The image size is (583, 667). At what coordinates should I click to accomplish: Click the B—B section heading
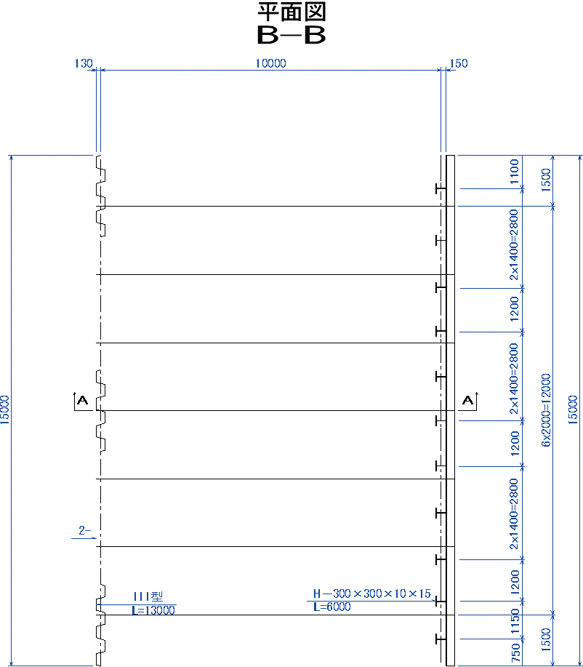pos(291,36)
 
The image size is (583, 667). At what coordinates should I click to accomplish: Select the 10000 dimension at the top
pos(270,63)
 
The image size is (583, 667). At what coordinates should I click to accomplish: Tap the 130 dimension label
pos(84,63)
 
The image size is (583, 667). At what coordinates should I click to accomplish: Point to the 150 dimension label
pos(459,63)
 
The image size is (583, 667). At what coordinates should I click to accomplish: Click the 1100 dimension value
pos(514,172)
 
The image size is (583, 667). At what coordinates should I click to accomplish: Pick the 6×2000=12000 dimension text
pos(546,410)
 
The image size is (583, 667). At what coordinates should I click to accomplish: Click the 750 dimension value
pos(515,653)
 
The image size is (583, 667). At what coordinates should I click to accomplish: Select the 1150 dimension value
pos(515,621)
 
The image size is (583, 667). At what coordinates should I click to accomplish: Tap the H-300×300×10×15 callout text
pos(372,594)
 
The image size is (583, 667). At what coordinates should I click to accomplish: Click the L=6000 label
pos(332,607)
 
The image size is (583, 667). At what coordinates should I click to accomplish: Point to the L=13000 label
pos(153,610)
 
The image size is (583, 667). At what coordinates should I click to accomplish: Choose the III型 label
pos(148,596)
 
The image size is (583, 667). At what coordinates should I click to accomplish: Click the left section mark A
pos(81,400)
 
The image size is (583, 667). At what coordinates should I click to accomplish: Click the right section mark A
pos(468,400)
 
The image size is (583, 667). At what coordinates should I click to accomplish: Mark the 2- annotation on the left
pos(84,530)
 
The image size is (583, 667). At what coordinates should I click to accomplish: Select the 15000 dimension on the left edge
pos(4,410)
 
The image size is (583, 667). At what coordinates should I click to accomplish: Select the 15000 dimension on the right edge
pos(574,410)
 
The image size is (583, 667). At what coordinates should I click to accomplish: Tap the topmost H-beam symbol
pos(441,188)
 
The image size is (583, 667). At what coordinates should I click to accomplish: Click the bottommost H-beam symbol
pos(441,639)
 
